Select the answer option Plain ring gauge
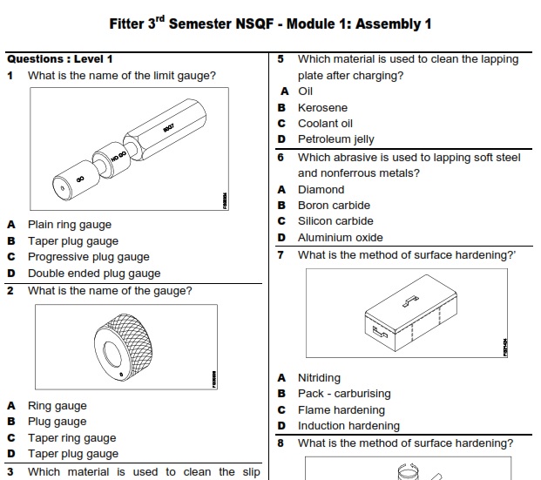pyautogui.click(x=70, y=225)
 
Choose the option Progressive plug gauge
pyautogui.click(x=88, y=257)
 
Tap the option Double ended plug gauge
pyautogui.click(x=94, y=274)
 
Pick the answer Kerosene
pyautogui.click(x=322, y=108)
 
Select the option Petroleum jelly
pyautogui.click(x=335, y=139)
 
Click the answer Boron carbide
pyautogui.click(x=334, y=206)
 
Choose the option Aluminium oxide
pyautogui.click(x=340, y=238)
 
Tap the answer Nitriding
pyautogui.click(x=319, y=378)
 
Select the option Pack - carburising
pyautogui.click(x=344, y=394)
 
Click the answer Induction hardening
pyautogui.click(x=348, y=426)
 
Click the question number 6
pyautogui.click(x=281, y=158)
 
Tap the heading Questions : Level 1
pyautogui.click(x=60, y=59)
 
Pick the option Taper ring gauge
pyautogui.click(x=71, y=438)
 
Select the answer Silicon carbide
pyautogui.click(x=335, y=221)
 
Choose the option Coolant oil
pyautogui.click(x=325, y=124)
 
